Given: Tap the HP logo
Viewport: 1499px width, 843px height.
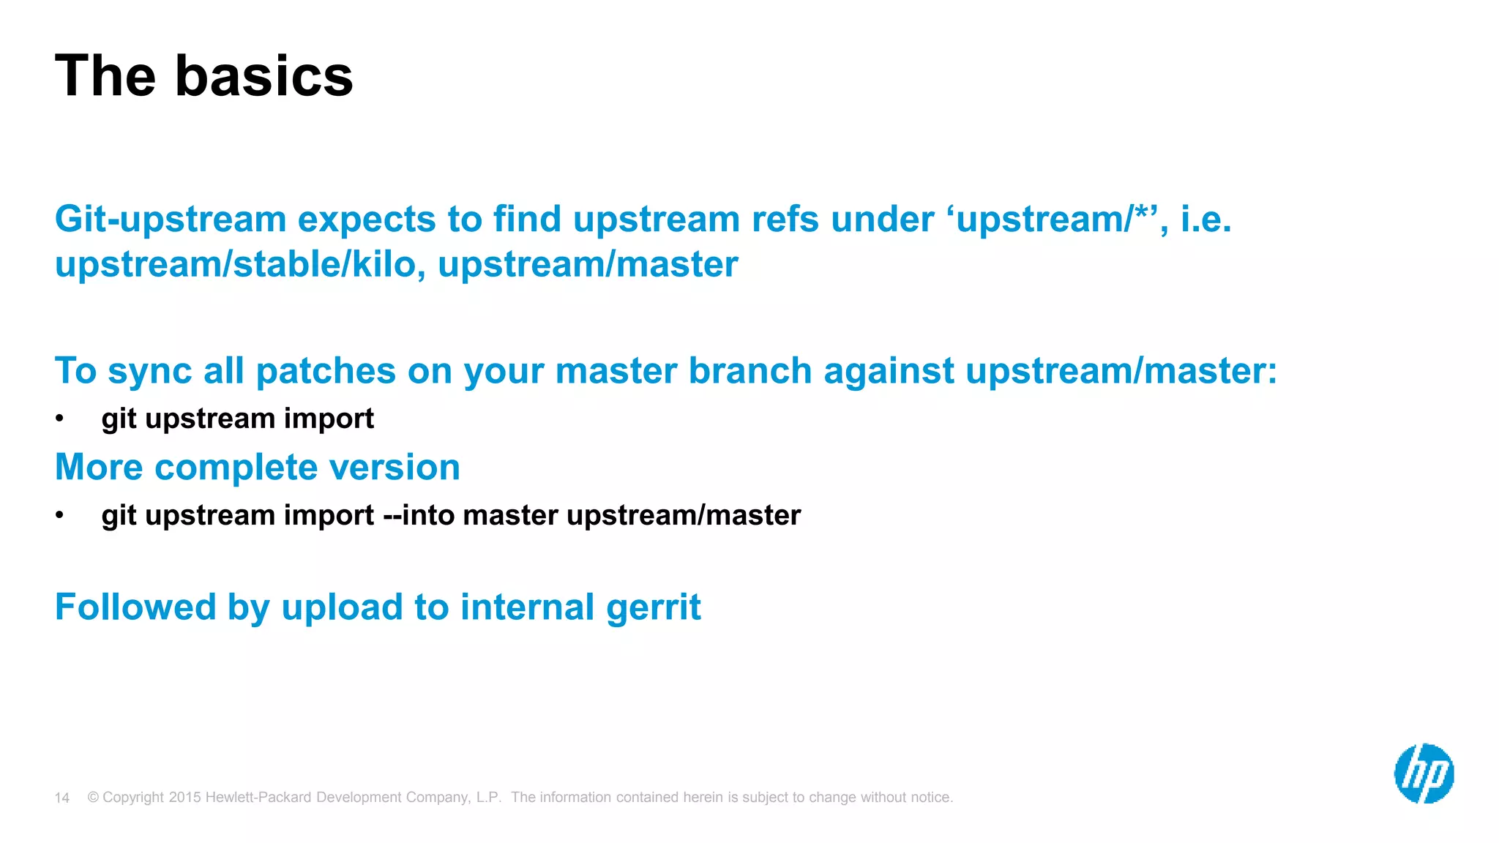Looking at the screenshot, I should (x=1424, y=773).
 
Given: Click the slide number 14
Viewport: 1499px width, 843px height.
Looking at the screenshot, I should (x=62, y=798).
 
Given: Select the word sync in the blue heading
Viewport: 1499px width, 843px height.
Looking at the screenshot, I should (x=149, y=371).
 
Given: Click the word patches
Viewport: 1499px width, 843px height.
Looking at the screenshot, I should (x=326, y=371).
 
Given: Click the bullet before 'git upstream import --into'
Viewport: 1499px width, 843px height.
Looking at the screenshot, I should (x=60, y=516).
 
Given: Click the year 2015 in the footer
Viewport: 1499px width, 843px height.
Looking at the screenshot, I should (x=184, y=798).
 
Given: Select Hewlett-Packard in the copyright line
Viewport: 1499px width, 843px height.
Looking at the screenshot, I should (x=258, y=798).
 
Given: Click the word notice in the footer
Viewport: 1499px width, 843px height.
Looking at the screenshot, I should (x=930, y=798).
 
